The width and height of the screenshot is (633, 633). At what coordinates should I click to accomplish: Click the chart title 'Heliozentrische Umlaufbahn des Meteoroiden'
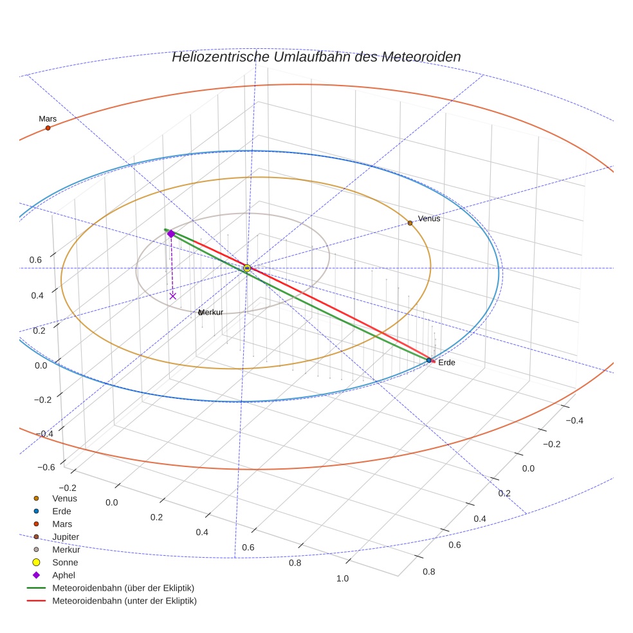point(316,57)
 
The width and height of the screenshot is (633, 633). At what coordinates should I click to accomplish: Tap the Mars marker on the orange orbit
point(48,128)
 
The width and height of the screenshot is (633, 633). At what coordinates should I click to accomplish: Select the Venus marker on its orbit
point(410,223)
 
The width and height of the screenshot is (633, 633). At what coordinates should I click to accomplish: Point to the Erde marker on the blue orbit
point(428,360)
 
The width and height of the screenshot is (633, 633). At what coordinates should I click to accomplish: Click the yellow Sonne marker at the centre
point(247,268)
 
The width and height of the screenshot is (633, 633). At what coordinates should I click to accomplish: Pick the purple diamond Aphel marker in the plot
point(171,234)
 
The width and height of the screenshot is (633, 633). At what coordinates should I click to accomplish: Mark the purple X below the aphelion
point(172,296)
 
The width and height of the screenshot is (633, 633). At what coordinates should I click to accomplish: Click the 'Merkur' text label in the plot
point(211,313)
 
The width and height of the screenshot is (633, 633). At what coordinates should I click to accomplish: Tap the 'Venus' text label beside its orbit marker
point(429,219)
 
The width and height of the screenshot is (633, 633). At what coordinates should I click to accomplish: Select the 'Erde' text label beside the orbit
point(446,363)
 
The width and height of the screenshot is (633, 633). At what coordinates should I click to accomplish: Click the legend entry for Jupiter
point(66,537)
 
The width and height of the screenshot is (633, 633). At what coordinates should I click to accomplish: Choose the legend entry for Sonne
point(65,562)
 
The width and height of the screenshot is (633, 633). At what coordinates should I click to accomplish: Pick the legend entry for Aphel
point(64,575)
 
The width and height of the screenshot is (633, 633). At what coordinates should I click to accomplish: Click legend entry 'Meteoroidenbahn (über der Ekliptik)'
point(123,588)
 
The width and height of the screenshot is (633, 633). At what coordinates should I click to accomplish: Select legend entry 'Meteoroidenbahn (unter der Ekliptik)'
point(124,601)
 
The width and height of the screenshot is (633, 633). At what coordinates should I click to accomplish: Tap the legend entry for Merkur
point(66,549)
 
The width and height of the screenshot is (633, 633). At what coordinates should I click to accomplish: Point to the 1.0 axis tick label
point(342,578)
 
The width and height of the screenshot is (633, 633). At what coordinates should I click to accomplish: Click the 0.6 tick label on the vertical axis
point(36,260)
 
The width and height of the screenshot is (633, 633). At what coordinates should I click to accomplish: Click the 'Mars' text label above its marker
point(48,119)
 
